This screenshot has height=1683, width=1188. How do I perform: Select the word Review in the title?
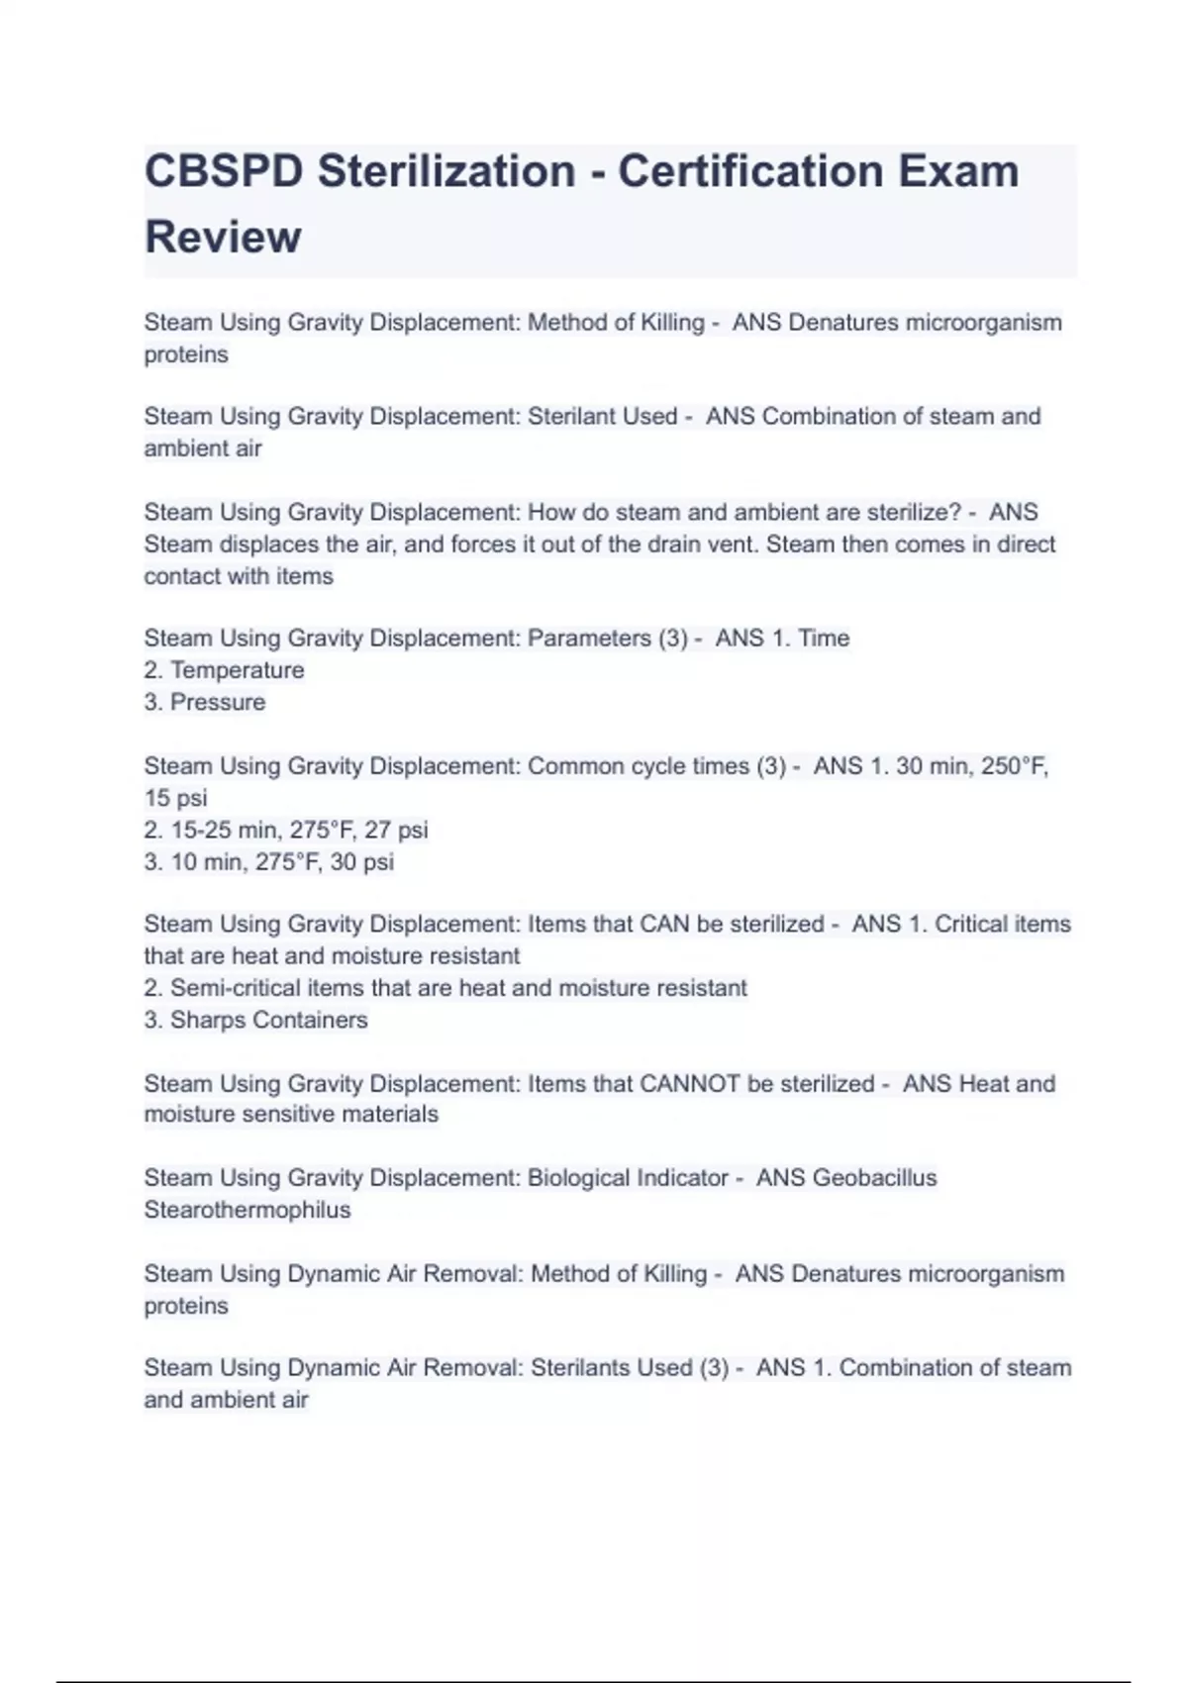[x=223, y=238]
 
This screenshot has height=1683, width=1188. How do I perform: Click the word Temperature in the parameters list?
[x=237, y=670]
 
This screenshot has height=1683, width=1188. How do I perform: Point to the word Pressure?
[x=218, y=702]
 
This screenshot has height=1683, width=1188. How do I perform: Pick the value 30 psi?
[x=361, y=861]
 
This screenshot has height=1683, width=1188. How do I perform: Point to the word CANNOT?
[x=689, y=1084]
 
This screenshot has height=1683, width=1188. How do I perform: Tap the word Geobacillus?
[x=874, y=1178]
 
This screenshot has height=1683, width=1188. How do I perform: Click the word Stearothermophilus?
[x=247, y=1210]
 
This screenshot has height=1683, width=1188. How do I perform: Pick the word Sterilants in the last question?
[x=580, y=1368]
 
